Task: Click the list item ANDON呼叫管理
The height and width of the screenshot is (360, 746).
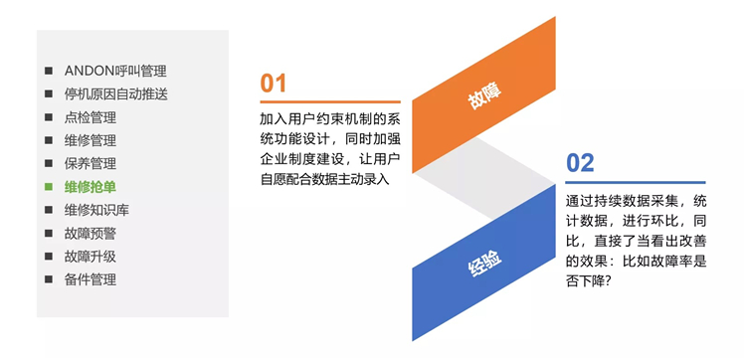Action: pyautogui.click(x=114, y=71)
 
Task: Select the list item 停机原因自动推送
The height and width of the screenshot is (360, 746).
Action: pyautogui.click(x=115, y=94)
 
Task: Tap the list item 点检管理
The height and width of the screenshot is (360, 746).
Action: pyautogui.click(x=91, y=117)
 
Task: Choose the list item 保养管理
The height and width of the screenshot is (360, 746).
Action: pyautogui.click(x=91, y=163)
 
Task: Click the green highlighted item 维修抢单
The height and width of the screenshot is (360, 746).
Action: pyautogui.click(x=91, y=186)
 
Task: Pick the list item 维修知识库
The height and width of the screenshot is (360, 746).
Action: pyautogui.click(x=96, y=210)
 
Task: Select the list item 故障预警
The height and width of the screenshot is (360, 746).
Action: pyautogui.click(x=91, y=233)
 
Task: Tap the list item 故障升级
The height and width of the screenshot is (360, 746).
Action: pyautogui.click(x=91, y=256)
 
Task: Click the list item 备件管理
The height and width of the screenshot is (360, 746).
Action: pyautogui.click(x=91, y=279)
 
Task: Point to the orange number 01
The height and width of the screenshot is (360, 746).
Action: pyautogui.click(x=274, y=84)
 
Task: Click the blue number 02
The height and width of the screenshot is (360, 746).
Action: pyautogui.click(x=580, y=163)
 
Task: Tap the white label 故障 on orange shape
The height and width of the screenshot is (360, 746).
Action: pyautogui.click(x=484, y=97)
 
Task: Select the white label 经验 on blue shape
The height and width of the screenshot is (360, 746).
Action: pyautogui.click(x=484, y=262)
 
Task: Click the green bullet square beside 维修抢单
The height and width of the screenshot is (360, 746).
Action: pyautogui.click(x=49, y=187)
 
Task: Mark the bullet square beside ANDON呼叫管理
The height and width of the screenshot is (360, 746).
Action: pyautogui.click(x=49, y=72)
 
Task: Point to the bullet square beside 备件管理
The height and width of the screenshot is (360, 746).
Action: pyautogui.click(x=49, y=279)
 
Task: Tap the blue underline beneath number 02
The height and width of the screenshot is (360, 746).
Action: pyautogui.click(x=635, y=182)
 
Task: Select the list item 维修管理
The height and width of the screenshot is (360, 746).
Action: pyautogui.click(x=91, y=140)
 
